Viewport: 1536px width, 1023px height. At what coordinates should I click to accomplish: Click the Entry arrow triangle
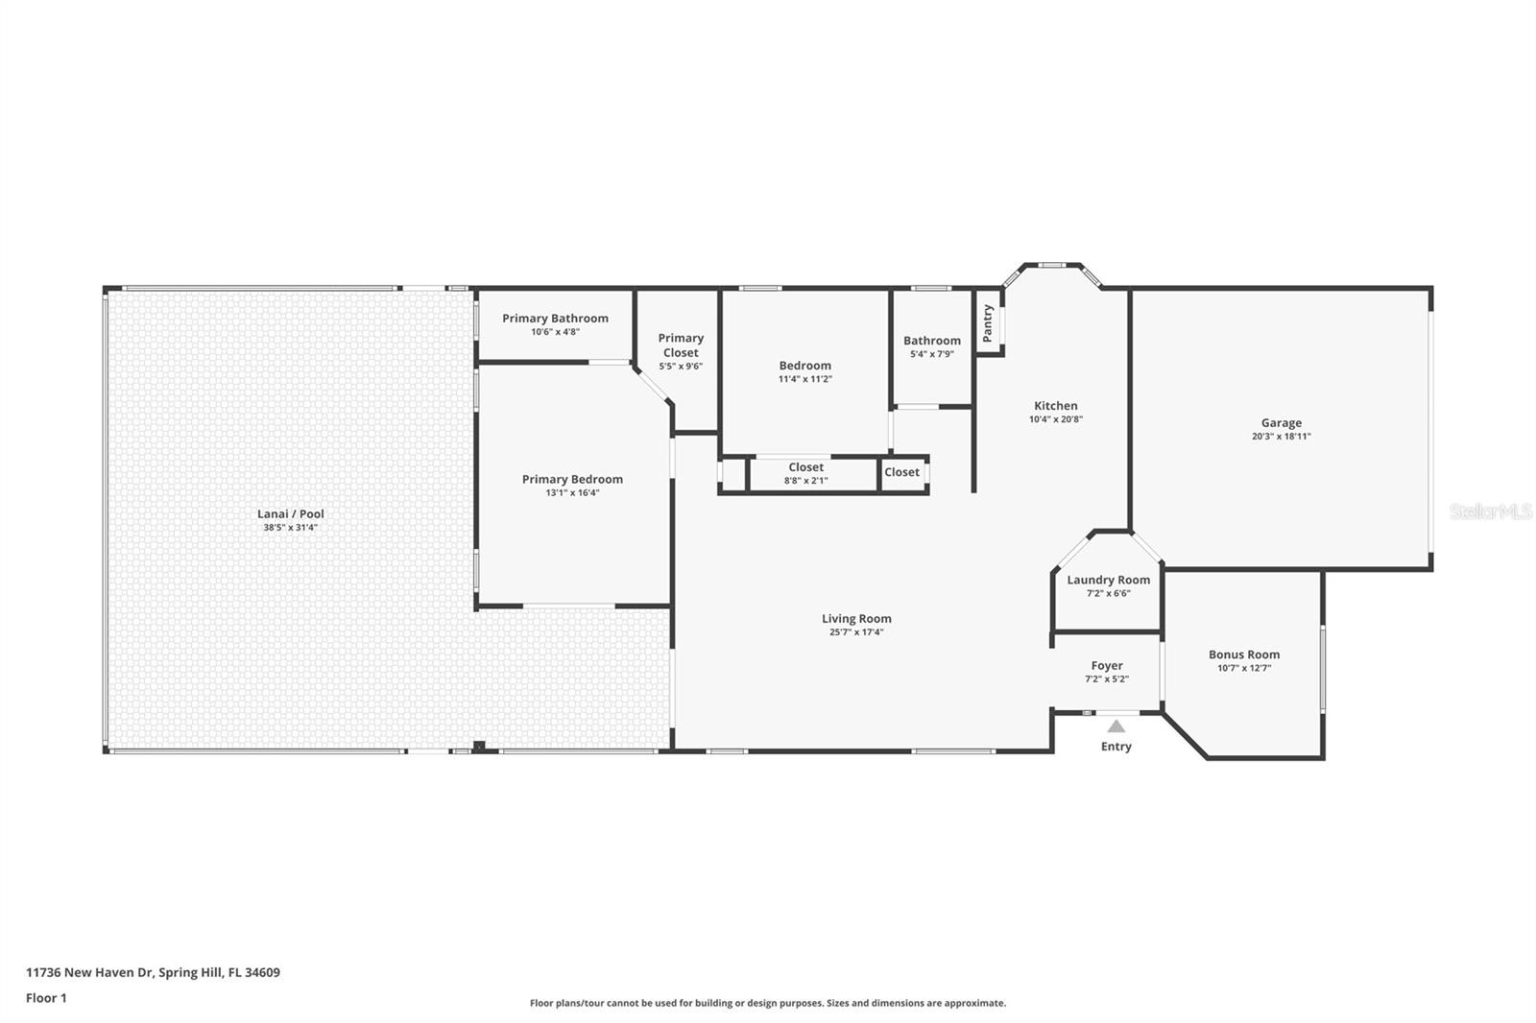pyautogui.click(x=1116, y=726)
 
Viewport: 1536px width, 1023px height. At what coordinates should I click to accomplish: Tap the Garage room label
pyautogui.click(x=1281, y=423)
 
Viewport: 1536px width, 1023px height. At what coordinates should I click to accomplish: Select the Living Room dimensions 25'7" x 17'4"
pyautogui.click(x=856, y=632)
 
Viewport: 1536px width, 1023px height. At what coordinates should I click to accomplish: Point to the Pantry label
pyautogui.click(x=988, y=323)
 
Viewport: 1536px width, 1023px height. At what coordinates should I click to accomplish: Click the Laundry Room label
pyautogui.click(x=1108, y=580)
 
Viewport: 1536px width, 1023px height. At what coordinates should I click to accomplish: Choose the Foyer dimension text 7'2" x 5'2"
pyautogui.click(x=1107, y=679)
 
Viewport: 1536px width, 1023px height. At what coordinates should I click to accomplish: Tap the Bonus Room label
pyautogui.click(x=1244, y=654)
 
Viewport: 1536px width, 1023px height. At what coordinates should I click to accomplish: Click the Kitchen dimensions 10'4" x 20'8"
pyautogui.click(x=1056, y=419)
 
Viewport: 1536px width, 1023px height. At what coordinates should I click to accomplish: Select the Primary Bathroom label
pyautogui.click(x=556, y=319)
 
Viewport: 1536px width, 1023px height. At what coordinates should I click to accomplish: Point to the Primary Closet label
pyautogui.click(x=681, y=345)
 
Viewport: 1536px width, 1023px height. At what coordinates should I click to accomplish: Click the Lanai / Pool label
pyautogui.click(x=291, y=513)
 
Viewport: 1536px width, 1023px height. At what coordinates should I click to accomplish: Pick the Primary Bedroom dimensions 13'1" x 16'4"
pyautogui.click(x=572, y=493)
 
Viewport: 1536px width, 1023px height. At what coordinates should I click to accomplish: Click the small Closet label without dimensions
pyautogui.click(x=901, y=472)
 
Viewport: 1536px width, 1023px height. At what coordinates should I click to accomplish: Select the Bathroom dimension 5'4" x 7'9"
pyautogui.click(x=932, y=354)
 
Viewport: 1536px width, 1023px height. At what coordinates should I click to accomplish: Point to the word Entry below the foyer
pyautogui.click(x=1116, y=746)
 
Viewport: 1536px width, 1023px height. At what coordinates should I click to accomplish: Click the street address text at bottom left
pyautogui.click(x=153, y=972)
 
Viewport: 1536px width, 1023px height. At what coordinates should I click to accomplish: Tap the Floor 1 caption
pyautogui.click(x=47, y=998)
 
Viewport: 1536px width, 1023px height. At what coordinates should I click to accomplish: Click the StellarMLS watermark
pyautogui.click(x=1491, y=511)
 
